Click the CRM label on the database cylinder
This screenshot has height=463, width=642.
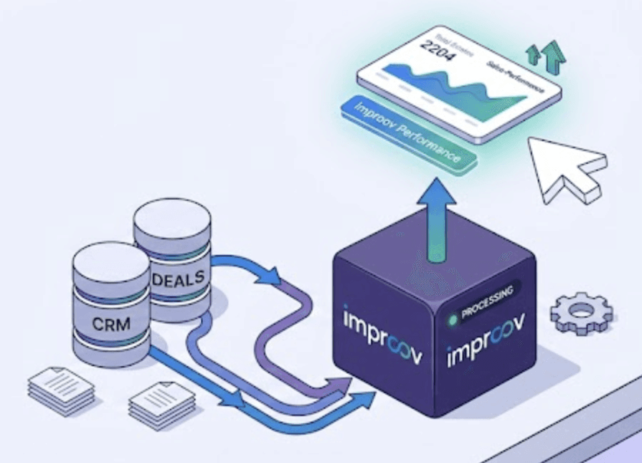[111, 324]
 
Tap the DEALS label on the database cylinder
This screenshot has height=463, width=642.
[178, 276]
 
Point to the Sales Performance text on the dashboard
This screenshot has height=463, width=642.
[514, 78]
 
